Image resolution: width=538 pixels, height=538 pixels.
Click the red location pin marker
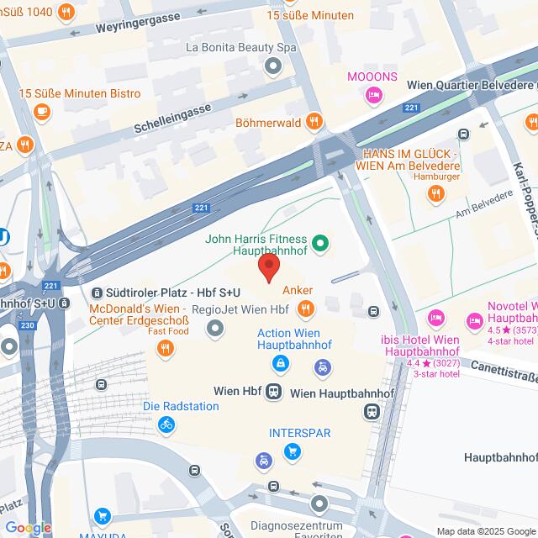(268, 269)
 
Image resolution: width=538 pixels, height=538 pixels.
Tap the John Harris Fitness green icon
(319, 245)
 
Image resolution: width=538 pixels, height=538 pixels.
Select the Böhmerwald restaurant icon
(314, 121)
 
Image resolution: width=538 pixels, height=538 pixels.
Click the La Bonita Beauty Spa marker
(272, 66)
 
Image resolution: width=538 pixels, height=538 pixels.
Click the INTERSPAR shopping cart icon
(292, 452)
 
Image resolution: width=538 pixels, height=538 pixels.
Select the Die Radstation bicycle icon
(166, 425)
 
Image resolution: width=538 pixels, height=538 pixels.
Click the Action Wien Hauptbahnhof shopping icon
(278, 364)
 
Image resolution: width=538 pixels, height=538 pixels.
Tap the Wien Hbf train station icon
(274, 392)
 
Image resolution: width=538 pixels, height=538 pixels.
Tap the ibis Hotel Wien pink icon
(435, 318)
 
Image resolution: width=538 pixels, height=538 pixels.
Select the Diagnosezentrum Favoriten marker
(319, 504)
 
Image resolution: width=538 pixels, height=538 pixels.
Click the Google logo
(28, 528)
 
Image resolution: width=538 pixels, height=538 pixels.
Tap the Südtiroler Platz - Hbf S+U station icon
(97, 293)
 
